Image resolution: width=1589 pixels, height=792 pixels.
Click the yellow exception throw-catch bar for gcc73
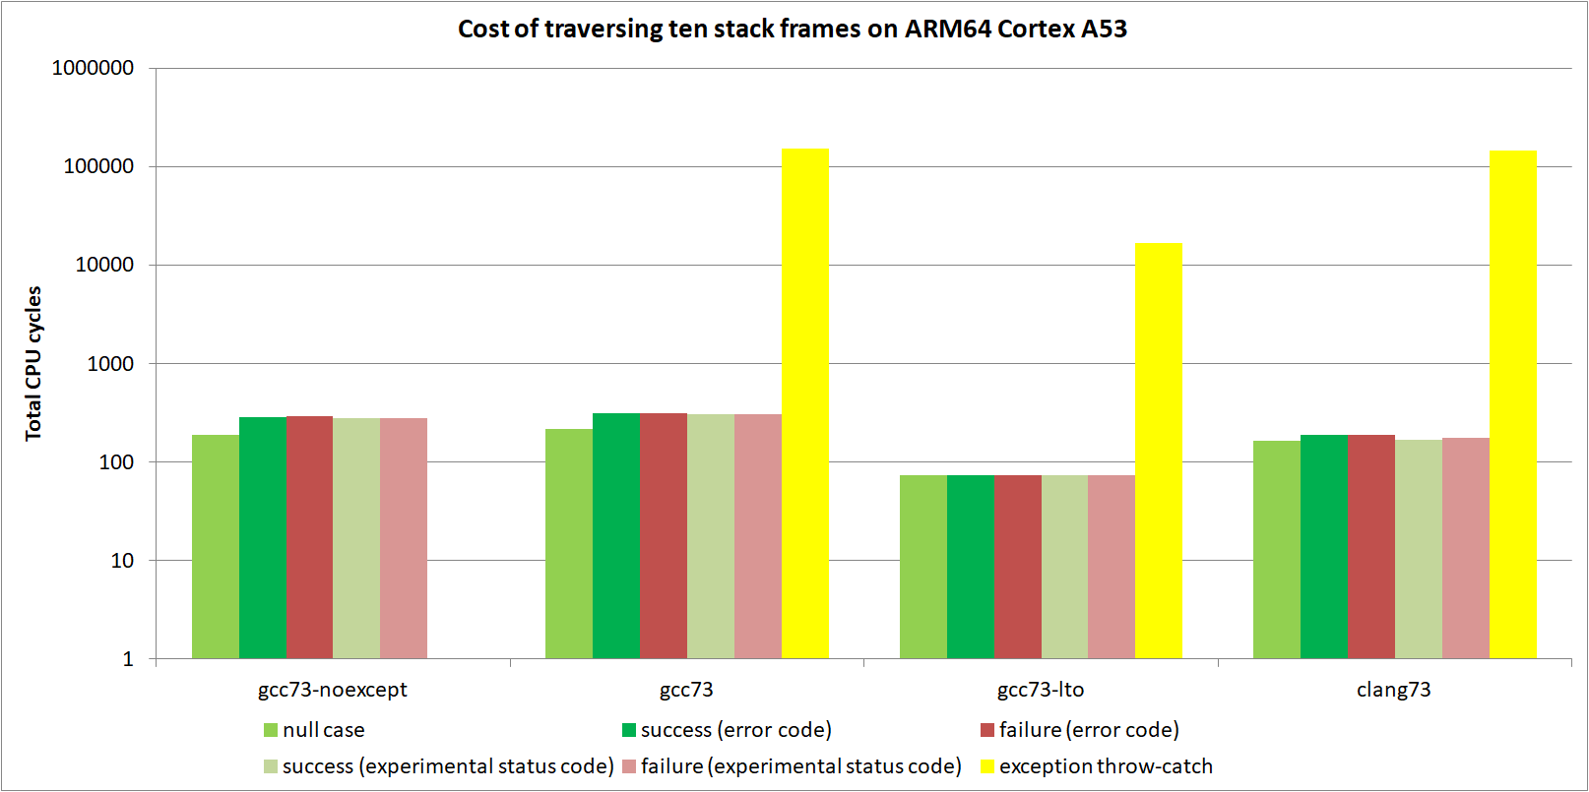point(804,403)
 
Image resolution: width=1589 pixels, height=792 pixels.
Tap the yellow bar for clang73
point(1513,404)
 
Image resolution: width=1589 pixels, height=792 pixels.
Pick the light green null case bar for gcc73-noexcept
point(216,546)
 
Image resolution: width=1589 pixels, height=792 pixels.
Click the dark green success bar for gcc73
point(616,535)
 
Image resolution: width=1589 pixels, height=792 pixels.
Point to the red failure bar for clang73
point(1371,546)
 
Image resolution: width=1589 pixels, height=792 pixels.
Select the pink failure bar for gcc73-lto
point(1112,567)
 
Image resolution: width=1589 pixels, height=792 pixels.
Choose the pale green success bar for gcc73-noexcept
point(356,538)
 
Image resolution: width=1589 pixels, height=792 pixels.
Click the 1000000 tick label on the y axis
point(93,68)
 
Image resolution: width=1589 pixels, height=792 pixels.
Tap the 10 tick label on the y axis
point(122,561)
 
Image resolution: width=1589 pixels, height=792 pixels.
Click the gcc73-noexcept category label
point(332,690)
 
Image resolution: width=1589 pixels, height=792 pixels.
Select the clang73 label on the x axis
point(1393,690)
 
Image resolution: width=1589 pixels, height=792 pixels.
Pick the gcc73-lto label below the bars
point(1041,690)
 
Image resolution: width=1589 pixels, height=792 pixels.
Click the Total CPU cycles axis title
point(34,363)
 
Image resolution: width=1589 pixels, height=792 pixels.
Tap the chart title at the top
point(792,29)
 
